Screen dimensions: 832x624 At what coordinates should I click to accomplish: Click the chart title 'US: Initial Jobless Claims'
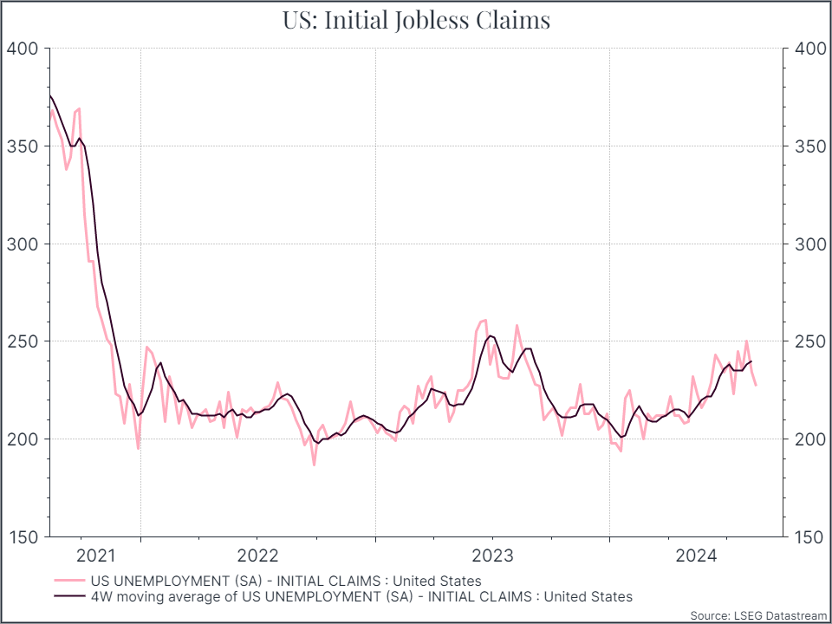pyautogui.click(x=416, y=20)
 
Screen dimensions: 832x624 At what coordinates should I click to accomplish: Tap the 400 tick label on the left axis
pyautogui.click(x=23, y=49)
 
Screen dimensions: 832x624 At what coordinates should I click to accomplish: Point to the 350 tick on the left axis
pyautogui.click(x=23, y=146)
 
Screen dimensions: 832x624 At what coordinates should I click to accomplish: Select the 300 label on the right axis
pyautogui.click(x=811, y=244)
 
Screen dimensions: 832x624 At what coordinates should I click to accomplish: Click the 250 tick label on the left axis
pyautogui.click(x=23, y=341)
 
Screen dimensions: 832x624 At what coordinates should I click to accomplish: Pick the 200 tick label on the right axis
pyautogui.click(x=811, y=439)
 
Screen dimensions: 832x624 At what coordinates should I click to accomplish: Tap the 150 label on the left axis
pyautogui.click(x=23, y=537)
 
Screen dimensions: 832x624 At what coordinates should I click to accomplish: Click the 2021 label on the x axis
pyautogui.click(x=95, y=556)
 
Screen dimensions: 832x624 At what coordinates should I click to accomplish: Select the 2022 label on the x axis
pyautogui.click(x=258, y=556)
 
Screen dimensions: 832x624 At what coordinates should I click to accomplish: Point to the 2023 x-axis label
pyautogui.click(x=493, y=556)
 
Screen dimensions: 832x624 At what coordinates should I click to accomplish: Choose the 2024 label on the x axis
pyautogui.click(x=696, y=556)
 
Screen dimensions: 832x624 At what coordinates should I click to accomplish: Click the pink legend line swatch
pyautogui.click(x=69, y=581)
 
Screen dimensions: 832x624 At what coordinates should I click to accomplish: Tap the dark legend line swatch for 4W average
pyautogui.click(x=69, y=596)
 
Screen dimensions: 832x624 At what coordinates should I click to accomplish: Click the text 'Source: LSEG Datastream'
pyautogui.click(x=758, y=616)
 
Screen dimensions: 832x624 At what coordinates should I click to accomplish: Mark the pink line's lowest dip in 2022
pyautogui.click(x=314, y=465)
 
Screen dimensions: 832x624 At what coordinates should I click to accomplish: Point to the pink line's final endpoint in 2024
pyautogui.click(x=756, y=385)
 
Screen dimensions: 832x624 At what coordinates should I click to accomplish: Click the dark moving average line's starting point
pyautogui.click(x=50, y=95)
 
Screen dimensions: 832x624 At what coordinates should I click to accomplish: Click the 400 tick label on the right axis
pyautogui.click(x=811, y=49)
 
